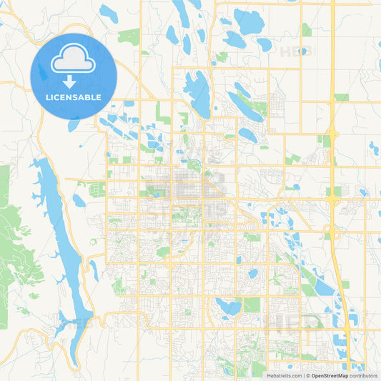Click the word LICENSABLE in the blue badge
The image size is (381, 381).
point(73,97)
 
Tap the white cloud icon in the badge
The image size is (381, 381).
point(73,59)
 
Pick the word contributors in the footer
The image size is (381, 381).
point(363,375)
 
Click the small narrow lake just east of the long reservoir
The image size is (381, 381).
point(94,270)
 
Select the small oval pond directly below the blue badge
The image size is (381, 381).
point(74,124)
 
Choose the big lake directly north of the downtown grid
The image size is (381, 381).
point(197,93)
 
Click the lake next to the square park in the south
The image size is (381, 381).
point(229,307)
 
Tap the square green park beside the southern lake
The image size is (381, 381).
point(252,305)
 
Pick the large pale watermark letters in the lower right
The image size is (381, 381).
point(293,322)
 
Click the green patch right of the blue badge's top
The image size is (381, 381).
point(129,36)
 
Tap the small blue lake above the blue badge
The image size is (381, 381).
point(109,13)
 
